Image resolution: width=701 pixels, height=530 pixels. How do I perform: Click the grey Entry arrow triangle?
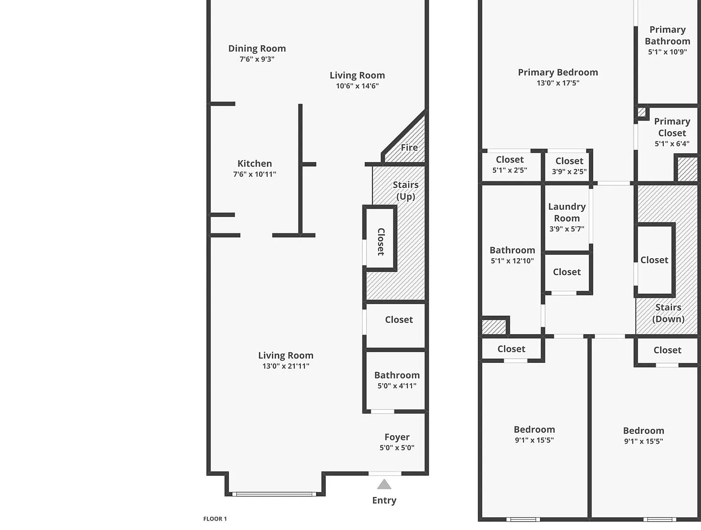coord(384,484)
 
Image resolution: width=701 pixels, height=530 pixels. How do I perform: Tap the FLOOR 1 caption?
coord(215,519)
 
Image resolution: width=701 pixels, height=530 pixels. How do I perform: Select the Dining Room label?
coord(257,48)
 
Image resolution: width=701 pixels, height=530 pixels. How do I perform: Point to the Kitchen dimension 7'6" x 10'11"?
coord(254,174)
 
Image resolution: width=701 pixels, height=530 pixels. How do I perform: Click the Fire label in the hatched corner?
coord(409,148)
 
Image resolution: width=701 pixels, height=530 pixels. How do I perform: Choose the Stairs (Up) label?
coord(406,190)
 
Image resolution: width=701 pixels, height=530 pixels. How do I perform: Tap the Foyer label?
coord(397,437)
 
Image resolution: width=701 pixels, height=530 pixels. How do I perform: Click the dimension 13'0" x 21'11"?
coord(286,366)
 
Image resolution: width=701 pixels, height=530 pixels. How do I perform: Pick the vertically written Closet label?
coord(381,242)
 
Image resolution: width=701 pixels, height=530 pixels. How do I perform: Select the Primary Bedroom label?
coord(558,73)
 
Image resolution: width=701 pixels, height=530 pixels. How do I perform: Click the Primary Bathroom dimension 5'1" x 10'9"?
coord(667,52)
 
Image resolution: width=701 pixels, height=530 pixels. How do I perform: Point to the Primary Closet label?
coord(672,127)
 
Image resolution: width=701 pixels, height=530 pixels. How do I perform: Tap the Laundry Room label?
coord(567,212)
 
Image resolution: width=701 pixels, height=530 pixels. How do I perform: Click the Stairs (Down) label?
coord(668,313)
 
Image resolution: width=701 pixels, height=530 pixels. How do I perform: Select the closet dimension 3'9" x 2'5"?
coord(569,172)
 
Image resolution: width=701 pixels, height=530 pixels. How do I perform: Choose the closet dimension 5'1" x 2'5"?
coord(510,170)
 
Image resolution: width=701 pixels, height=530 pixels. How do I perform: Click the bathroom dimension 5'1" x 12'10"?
coord(512,261)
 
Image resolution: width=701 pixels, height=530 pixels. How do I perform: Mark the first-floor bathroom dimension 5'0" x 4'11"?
coord(397,386)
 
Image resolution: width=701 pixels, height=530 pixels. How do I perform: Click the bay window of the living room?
coord(274,494)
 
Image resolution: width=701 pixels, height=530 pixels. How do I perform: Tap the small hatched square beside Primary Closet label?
coord(641,112)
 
